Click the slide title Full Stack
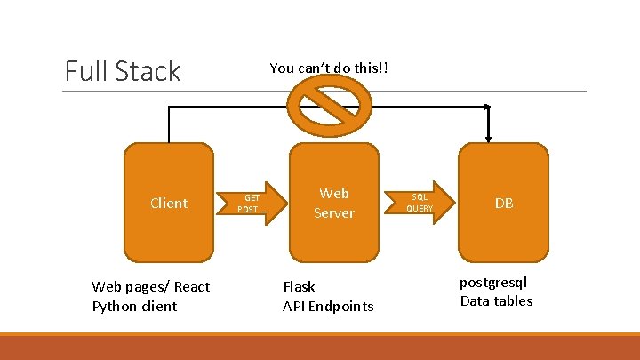tap(123, 71)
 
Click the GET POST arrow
tap(252, 204)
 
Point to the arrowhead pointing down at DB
tap(488, 136)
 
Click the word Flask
tap(299, 286)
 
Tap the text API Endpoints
tap(328, 307)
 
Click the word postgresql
tap(493, 283)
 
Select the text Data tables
tap(496, 301)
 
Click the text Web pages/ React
tap(151, 286)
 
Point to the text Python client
tap(134, 307)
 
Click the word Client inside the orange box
tap(169, 204)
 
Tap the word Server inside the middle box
tap(334, 213)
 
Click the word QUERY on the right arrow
tap(420, 209)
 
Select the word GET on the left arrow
tap(252, 198)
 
